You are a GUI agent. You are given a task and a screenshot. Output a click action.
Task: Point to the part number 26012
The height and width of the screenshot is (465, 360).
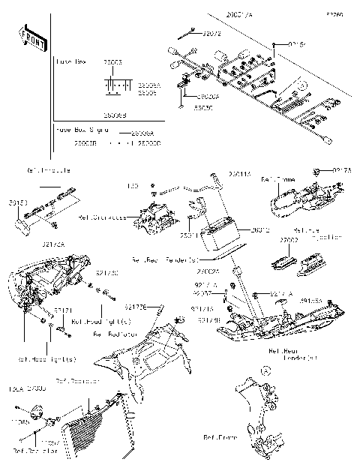tap(260, 231)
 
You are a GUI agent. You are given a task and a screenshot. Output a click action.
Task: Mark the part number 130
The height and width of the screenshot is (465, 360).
tap(133, 184)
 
